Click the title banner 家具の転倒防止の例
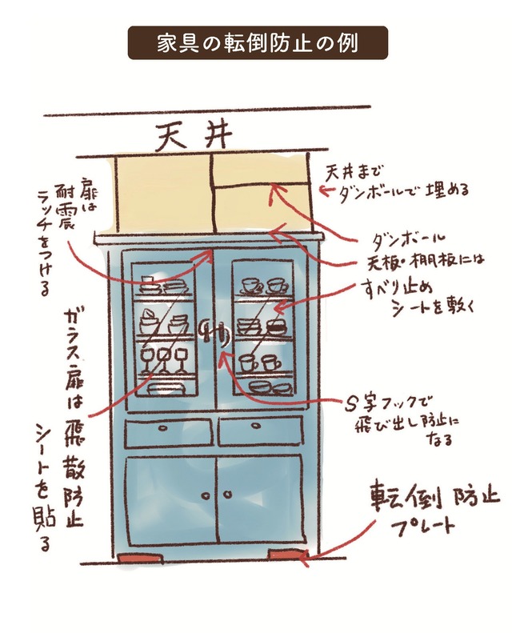258,43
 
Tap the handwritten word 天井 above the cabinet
194,135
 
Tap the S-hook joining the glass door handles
214,329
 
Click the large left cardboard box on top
163,192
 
